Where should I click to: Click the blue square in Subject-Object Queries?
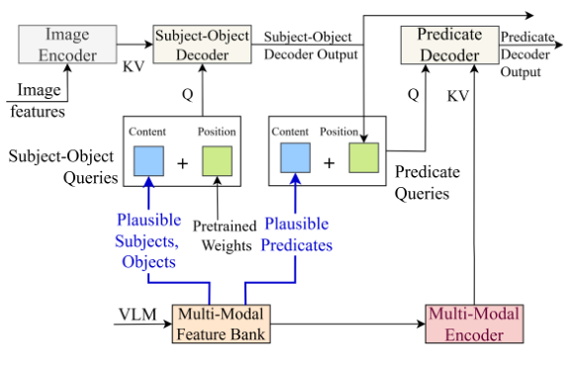pyautogui.click(x=148, y=160)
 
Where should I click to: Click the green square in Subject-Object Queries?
pyautogui.click(x=216, y=160)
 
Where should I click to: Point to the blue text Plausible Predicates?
pyautogui.click(x=298, y=236)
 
